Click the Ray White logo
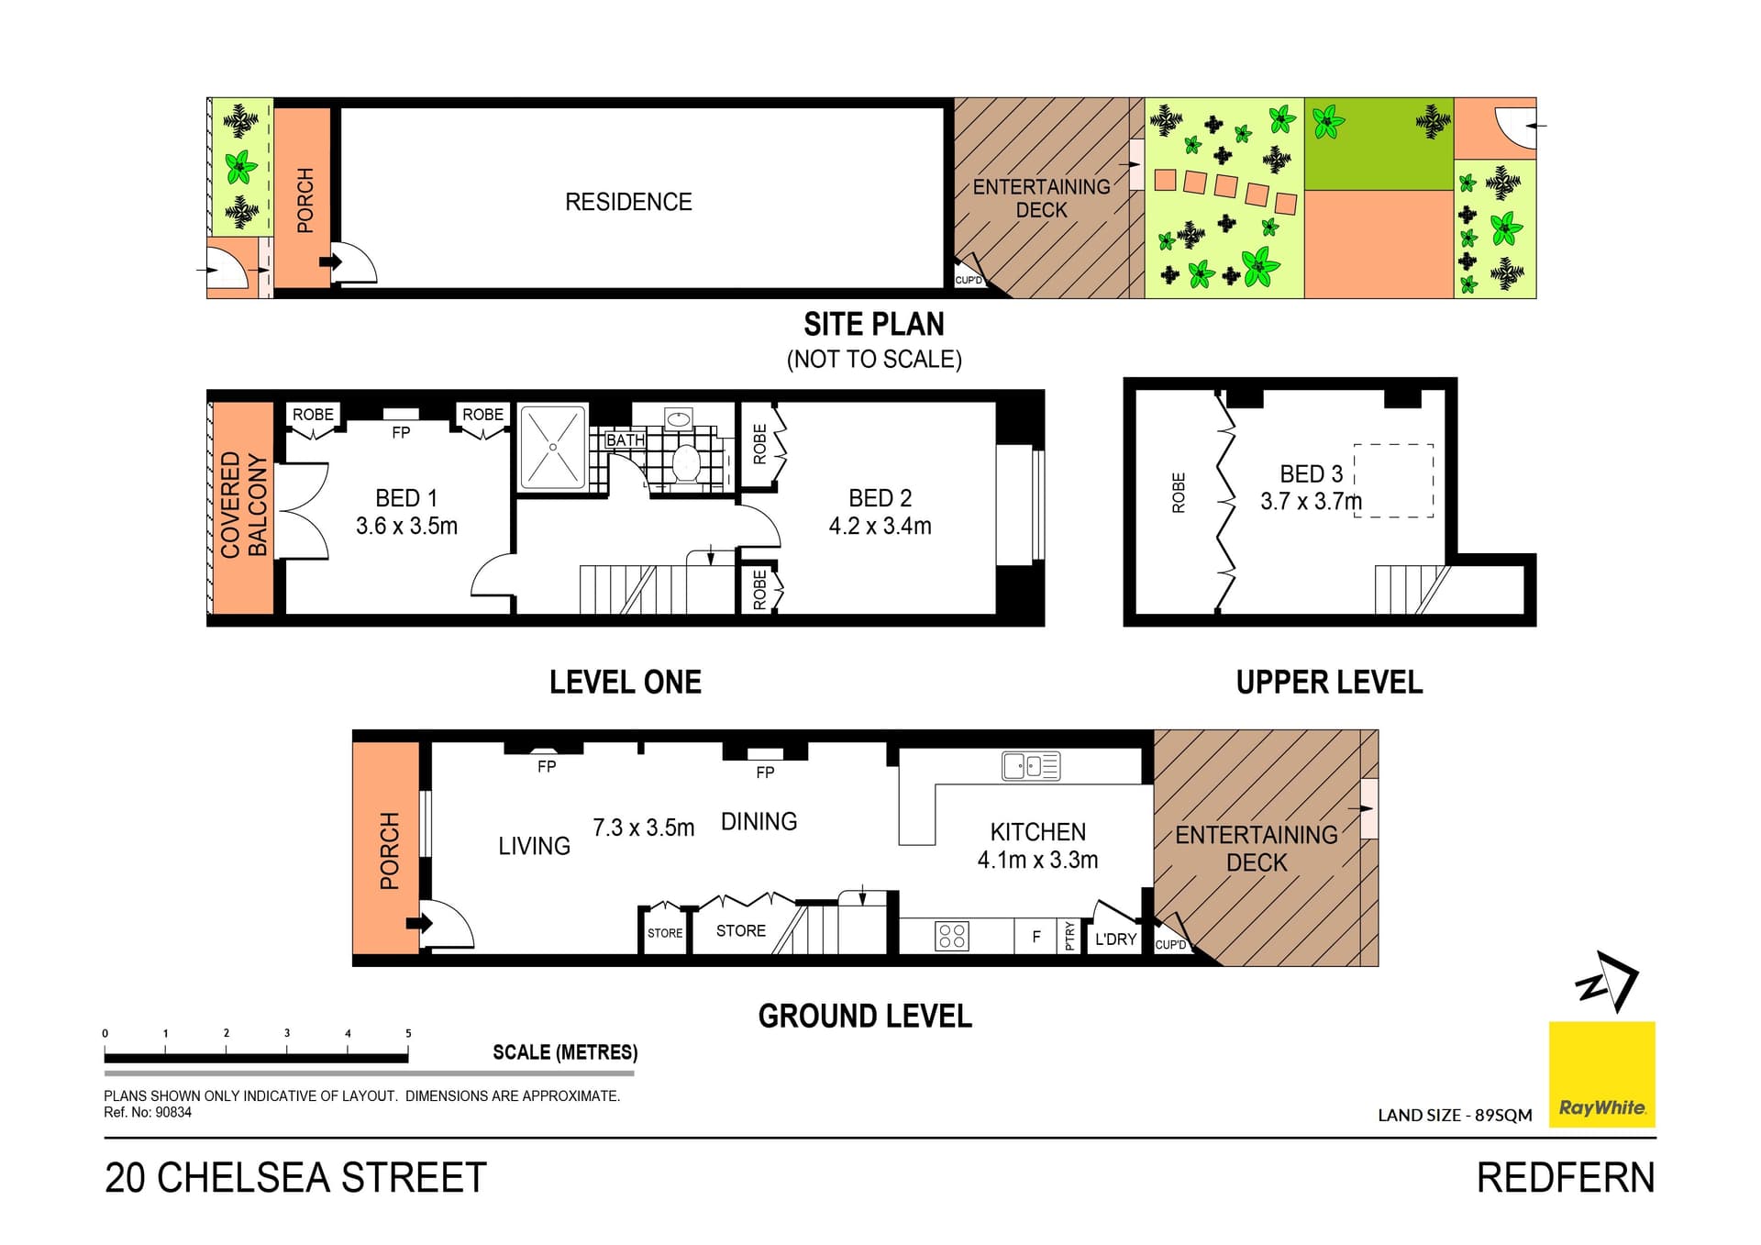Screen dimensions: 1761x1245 pos(1601,1074)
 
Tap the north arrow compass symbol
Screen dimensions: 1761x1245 pos(1608,982)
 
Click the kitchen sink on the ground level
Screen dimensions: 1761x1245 pos(1031,766)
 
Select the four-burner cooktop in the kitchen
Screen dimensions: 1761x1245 pos(952,937)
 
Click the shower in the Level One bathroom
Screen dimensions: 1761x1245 pos(553,447)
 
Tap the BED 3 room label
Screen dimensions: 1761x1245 pos(1311,474)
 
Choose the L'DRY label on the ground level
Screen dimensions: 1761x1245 pos(1115,939)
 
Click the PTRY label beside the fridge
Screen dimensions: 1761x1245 pos(1070,936)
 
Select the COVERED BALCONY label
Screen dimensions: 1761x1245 pos(244,505)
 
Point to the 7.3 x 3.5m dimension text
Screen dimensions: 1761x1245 pos(643,828)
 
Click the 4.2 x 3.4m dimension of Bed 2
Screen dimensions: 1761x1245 pos(880,526)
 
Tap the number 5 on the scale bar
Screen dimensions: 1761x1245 pos(408,1033)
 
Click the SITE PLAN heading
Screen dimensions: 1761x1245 pos(874,324)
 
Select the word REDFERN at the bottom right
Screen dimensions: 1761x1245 pos(1566,1178)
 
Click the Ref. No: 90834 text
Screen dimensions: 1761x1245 pos(148,1112)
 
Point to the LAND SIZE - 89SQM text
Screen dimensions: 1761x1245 pos(1455,1116)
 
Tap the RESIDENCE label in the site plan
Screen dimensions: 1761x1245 pos(628,202)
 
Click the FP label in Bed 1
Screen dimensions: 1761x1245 pos(401,433)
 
